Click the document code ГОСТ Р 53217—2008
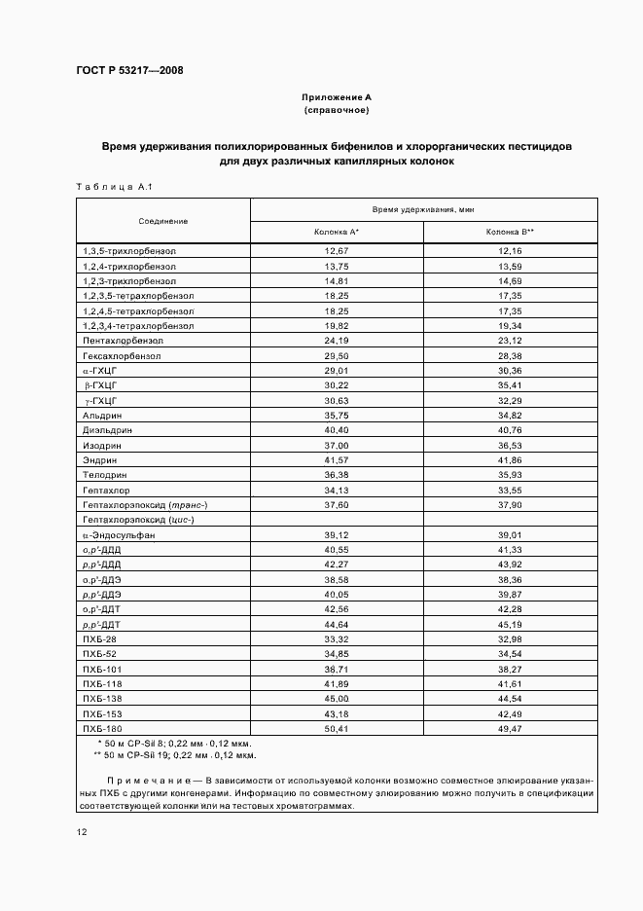[129, 70]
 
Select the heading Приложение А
[336, 97]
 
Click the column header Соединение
[162, 221]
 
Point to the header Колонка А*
[337, 233]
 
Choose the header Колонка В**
[510, 233]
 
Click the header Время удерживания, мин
[423, 209]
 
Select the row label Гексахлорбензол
[122, 356]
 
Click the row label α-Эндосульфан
[120, 535]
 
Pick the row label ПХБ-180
[101, 728]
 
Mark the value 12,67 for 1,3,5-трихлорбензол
[337, 251]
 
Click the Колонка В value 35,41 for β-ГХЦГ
[510, 386]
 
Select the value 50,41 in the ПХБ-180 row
[337, 728]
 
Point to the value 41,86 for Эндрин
[510, 460]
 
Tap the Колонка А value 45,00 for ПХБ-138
[337, 699]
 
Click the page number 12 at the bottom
[82, 832]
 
